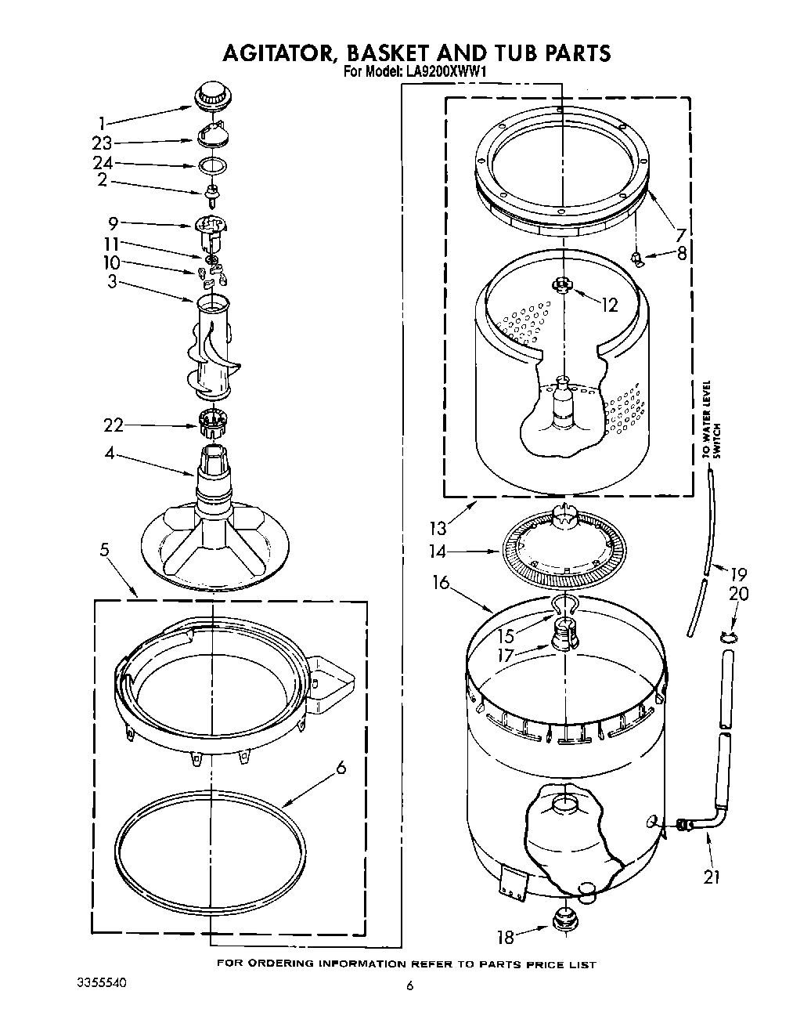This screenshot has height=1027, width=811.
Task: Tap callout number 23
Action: click(103, 143)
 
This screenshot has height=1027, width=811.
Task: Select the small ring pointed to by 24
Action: click(212, 165)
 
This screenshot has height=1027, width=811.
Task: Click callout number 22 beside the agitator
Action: click(114, 425)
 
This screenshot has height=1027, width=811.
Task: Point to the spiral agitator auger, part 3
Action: click(211, 349)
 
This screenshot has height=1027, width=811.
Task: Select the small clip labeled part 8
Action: click(639, 257)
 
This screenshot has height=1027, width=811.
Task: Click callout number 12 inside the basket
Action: click(609, 306)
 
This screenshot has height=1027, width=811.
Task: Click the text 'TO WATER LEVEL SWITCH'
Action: click(711, 420)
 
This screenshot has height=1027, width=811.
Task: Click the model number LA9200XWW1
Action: click(445, 71)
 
